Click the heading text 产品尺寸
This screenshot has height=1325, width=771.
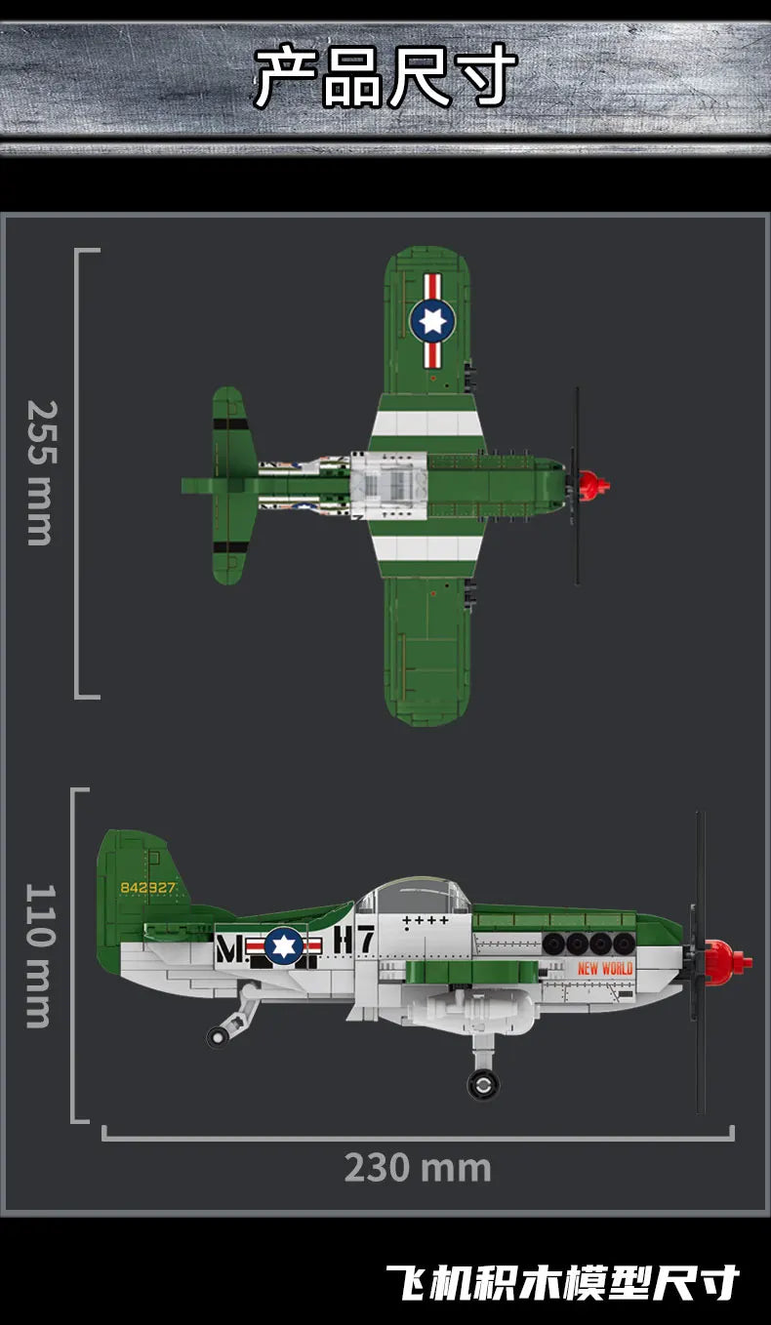point(385,77)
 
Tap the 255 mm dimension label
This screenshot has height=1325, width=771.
point(39,472)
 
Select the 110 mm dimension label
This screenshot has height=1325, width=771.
point(39,955)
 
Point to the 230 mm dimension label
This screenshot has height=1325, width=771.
point(417,1168)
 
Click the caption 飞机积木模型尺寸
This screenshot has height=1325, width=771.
point(562,1282)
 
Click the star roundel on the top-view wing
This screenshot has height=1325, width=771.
point(432,320)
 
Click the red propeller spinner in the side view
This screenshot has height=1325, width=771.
point(727,958)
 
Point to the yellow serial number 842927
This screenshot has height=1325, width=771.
point(146,888)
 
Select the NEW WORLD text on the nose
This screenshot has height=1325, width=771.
point(605,968)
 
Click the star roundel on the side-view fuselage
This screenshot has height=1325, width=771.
point(284,945)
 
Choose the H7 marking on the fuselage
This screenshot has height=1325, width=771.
point(354,940)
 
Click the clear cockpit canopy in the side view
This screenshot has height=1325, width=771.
point(414,896)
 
